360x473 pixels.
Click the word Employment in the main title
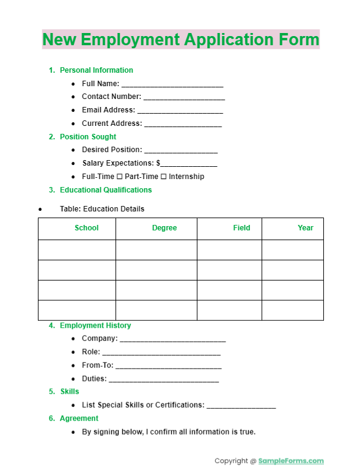click(131, 40)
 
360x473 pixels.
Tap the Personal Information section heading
click(96, 70)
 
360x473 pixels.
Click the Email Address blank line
click(180, 111)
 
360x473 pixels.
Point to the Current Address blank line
click(183, 125)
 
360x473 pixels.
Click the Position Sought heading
click(87, 137)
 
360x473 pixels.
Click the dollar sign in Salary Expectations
click(158, 163)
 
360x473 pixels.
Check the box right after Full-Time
click(120, 177)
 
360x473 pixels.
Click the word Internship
click(186, 177)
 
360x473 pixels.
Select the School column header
click(86, 228)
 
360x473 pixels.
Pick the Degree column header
click(164, 228)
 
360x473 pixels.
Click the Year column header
click(306, 228)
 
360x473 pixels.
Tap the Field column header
click(241, 228)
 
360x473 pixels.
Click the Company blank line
click(173, 340)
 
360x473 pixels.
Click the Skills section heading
click(69, 392)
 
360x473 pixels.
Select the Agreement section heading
click(79, 419)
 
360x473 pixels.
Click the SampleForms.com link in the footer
click(291, 461)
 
